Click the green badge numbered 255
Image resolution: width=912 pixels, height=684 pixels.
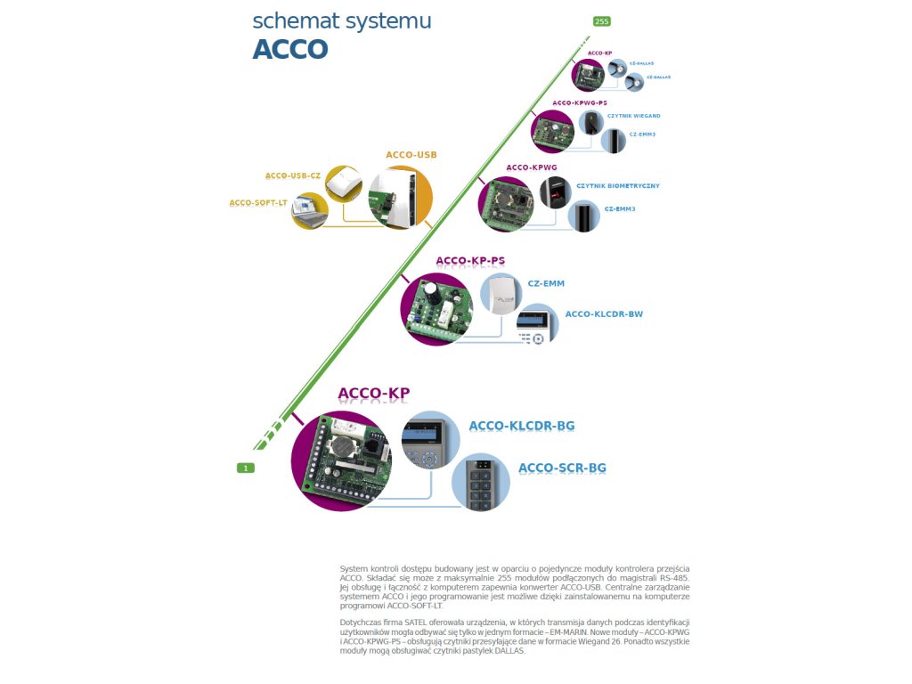601,21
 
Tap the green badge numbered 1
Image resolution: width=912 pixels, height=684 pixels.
246,468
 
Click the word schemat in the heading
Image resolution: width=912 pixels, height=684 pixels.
295,21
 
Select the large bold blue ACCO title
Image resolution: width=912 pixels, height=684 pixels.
290,49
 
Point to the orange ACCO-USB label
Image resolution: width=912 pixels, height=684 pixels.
411,155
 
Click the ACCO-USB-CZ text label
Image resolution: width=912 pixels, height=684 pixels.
292,175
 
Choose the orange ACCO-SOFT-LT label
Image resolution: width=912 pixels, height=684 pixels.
258,202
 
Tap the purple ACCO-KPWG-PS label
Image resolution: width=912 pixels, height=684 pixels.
579,103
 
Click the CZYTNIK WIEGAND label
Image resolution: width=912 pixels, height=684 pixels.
633,116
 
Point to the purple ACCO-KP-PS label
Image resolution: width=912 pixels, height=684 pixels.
470,261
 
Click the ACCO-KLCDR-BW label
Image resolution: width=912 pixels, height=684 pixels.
604,314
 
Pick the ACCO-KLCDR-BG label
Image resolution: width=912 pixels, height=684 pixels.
522,426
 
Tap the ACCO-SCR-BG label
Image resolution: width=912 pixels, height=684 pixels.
562,468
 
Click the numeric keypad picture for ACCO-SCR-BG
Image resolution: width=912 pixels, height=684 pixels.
481,482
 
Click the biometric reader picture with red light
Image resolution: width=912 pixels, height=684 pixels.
556,191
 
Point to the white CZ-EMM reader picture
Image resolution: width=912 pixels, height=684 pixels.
502,295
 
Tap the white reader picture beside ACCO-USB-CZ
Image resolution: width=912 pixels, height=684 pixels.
343,184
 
